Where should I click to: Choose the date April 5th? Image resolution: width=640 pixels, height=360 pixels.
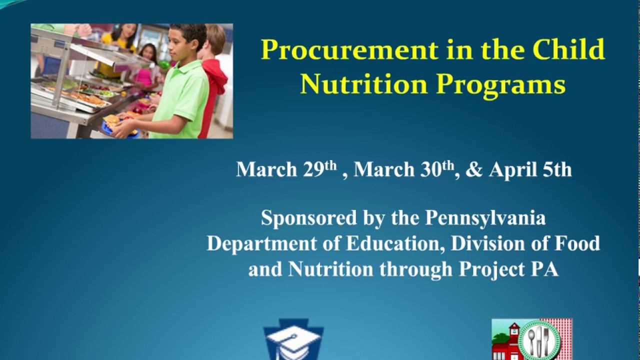tap(530, 169)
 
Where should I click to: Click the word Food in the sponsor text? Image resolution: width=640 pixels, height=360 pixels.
tap(577, 243)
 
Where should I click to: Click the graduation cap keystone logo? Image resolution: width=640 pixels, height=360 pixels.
tap(293, 342)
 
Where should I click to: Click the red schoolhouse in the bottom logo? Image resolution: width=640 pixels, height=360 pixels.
tap(506, 342)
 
